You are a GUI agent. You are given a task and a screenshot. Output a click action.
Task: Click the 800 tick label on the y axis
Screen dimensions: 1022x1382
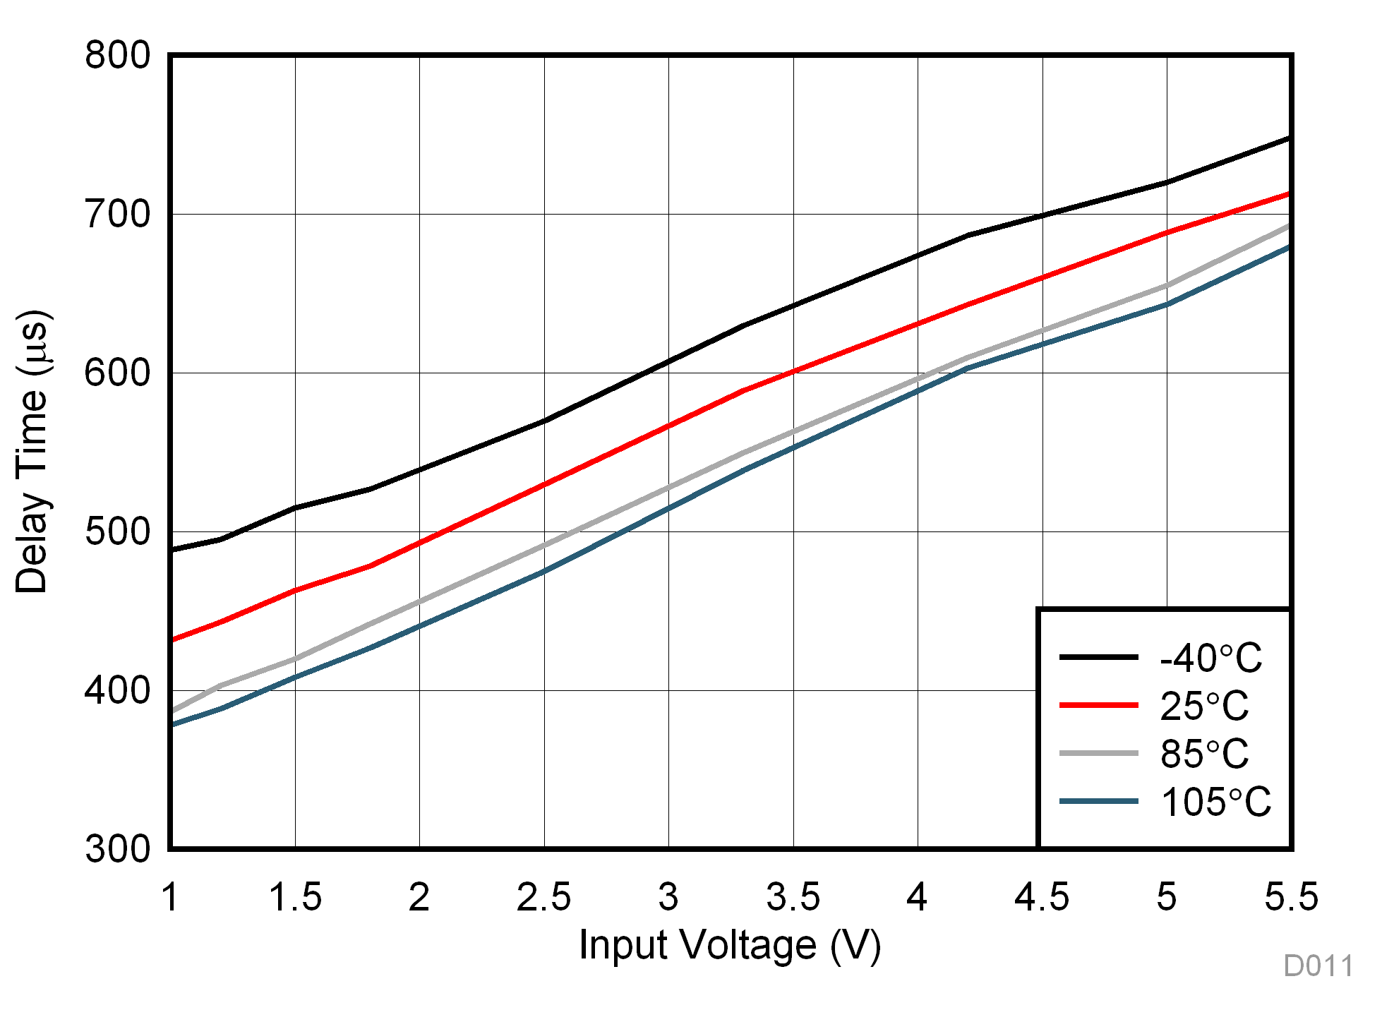[117, 55]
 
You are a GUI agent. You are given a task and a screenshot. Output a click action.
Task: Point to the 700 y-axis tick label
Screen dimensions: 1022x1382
[117, 215]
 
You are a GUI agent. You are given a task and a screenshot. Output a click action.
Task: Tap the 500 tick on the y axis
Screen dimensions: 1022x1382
[117, 532]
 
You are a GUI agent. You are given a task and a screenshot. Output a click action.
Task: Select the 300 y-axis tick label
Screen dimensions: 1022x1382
[117, 849]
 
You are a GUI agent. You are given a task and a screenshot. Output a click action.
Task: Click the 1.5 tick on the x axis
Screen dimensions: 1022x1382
[295, 897]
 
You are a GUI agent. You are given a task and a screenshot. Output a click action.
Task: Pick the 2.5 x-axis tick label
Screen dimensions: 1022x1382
[543, 897]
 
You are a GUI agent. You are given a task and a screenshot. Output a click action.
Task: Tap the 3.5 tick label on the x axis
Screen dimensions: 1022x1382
[793, 897]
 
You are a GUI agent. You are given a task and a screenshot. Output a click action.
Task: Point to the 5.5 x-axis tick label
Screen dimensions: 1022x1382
[1291, 897]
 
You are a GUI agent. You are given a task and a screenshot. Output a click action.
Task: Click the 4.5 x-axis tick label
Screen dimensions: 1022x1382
[1042, 897]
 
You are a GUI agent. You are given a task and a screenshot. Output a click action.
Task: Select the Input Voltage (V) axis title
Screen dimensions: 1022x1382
[730, 946]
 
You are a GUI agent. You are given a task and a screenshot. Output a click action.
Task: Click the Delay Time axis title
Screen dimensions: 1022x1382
[32, 452]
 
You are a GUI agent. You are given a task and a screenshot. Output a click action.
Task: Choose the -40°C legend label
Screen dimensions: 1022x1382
[1210, 658]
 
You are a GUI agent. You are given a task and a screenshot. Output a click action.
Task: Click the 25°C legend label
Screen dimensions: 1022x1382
[1204, 706]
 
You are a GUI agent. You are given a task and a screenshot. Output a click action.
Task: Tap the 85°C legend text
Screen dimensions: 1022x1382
[1204, 754]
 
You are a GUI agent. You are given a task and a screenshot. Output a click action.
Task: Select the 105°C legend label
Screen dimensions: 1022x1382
[1215, 802]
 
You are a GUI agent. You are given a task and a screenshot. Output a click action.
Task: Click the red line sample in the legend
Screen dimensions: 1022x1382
[1098, 705]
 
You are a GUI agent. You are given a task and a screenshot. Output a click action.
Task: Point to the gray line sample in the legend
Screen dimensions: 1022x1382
[1098, 753]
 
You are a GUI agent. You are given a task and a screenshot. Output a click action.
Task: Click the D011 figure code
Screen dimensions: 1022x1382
[1318, 966]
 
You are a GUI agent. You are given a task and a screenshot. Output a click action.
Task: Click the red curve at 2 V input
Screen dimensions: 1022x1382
[420, 542]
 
